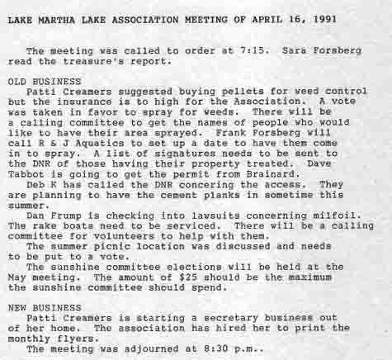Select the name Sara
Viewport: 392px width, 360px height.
pos(296,50)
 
